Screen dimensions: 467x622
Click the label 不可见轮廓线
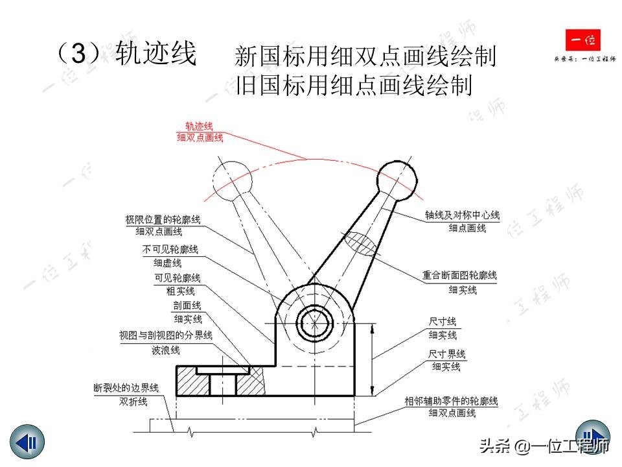coord(170,250)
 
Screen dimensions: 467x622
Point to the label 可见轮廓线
coord(177,278)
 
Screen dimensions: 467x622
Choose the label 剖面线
coord(187,305)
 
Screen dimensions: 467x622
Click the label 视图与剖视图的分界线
coord(165,335)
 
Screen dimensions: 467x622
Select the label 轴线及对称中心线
coord(462,215)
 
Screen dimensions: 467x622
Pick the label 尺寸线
coord(443,322)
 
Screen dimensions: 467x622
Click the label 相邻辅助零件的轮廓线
coord(451,400)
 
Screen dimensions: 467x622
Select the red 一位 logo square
coord(582,42)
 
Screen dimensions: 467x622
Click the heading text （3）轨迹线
coord(126,54)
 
